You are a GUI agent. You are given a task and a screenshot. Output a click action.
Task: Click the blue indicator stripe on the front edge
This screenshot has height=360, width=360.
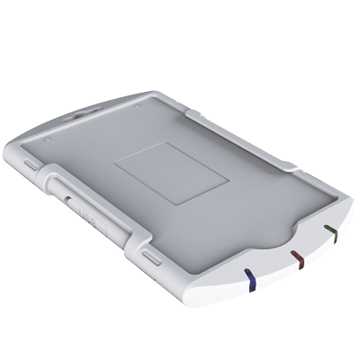(252, 280)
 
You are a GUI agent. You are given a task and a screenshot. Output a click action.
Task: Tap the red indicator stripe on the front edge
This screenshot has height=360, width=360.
(298, 260)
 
